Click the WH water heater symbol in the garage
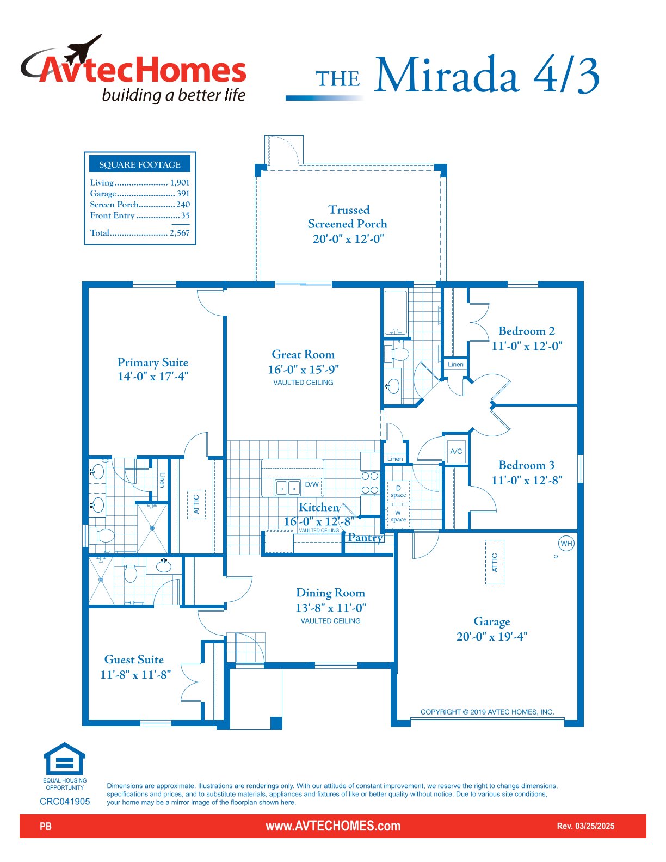pyautogui.click(x=566, y=543)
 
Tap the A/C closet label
pyautogui.click(x=456, y=451)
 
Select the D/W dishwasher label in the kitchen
pyautogui.click(x=312, y=484)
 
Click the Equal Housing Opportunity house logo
pyautogui.click(x=64, y=758)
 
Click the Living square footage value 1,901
pyautogui.click(x=180, y=182)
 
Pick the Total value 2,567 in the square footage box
pyautogui.click(x=180, y=233)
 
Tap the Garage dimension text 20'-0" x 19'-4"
pyautogui.click(x=492, y=636)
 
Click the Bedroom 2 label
pyautogui.click(x=526, y=331)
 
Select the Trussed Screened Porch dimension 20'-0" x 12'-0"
pyautogui.click(x=348, y=239)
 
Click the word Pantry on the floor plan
pyautogui.click(x=365, y=538)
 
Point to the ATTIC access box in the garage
pyautogui.click(x=495, y=562)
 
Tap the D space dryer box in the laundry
pyautogui.click(x=398, y=491)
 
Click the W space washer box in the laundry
pyautogui.click(x=398, y=516)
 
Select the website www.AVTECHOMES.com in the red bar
pyautogui.click(x=333, y=826)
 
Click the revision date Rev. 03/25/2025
pyautogui.click(x=585, y=826)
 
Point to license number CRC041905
pyautogui.click(x=65, y=802)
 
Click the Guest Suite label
pyautogui.click(x=134, y=660)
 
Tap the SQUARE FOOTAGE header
pyautogui.click(x=140, y=165)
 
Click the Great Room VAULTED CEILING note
pyautogui.click(x=303, y=383)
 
